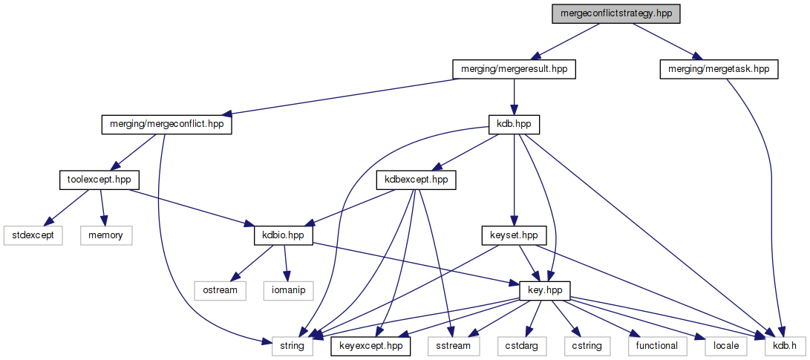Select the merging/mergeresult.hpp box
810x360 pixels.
coord(515,70)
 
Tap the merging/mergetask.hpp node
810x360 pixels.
coord(718,70)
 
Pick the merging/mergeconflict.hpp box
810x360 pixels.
coord(166,125)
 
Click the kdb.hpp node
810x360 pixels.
coord(513,125)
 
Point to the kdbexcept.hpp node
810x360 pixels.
coord(417,180)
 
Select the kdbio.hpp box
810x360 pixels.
coord(283,235)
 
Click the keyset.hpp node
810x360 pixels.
coord(514,235)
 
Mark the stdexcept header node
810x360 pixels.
coord(33,235)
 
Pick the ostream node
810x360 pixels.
coord(221,290)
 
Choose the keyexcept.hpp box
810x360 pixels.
coord(366,345)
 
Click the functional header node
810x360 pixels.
coord(657,345)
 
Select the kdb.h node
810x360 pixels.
coord(780,345)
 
